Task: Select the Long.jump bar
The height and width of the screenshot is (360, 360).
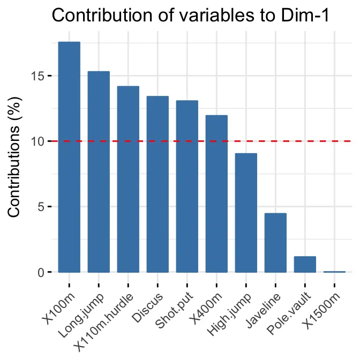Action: [x=99, y=171]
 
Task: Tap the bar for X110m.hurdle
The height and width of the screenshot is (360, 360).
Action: [x=128, y=179]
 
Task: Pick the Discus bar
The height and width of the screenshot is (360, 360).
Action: [x=157, y=184]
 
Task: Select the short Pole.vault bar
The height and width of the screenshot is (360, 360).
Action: [x=305, y=264]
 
